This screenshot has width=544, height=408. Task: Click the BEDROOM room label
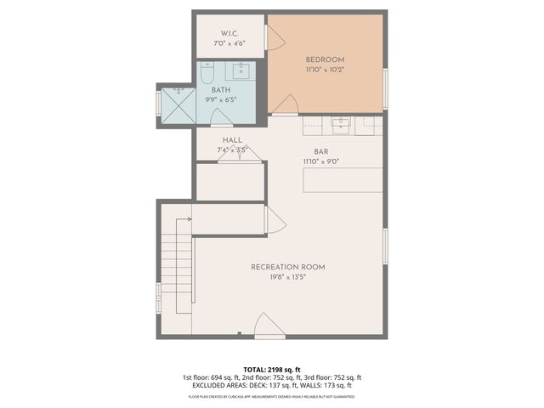point(325,59)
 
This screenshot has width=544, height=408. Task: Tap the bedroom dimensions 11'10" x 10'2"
point(325,71)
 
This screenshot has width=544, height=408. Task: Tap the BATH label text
point(221,89)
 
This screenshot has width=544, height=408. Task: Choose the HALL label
point(232,140)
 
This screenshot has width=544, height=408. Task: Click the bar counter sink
point(341,125)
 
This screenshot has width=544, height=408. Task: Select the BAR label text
point(320,150)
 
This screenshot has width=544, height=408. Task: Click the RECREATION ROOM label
point(287,267)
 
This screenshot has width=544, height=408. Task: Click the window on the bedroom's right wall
point(385,88)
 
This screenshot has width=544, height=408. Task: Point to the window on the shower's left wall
point(158,103)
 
